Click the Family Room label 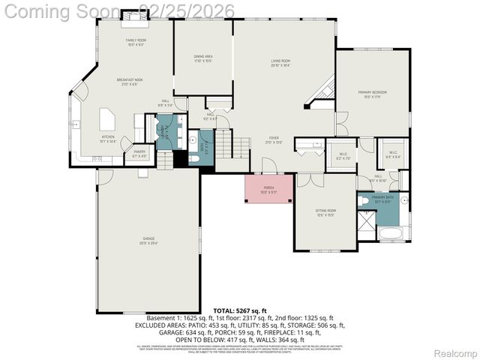(x=135, y=42)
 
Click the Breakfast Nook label (x=130, y=82)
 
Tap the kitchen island (x=106, y=118)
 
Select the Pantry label (x=139, y=154)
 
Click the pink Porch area (x=269, y=190)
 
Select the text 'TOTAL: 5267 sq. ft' (x=239, y=310)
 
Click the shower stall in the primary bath (x=366, y=220)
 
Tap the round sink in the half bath (x=193, y=140)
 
